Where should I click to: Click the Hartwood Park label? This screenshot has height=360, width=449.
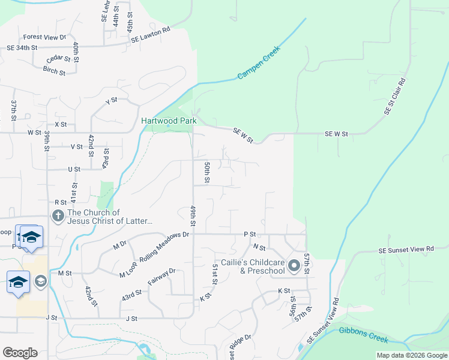(x=169, y=121)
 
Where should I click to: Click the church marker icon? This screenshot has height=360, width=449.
(x=58, y=216)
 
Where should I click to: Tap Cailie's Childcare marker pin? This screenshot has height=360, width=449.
(x=294, y=265)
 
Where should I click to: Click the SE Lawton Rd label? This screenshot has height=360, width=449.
(x=151, y=35)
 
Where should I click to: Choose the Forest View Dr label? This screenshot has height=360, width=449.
(x=45, y=37)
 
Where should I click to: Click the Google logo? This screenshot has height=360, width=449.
(x=20, y=353)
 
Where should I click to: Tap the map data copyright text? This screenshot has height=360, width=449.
(x=412, y=355)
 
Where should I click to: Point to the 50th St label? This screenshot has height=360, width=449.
(x=206, y=172)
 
